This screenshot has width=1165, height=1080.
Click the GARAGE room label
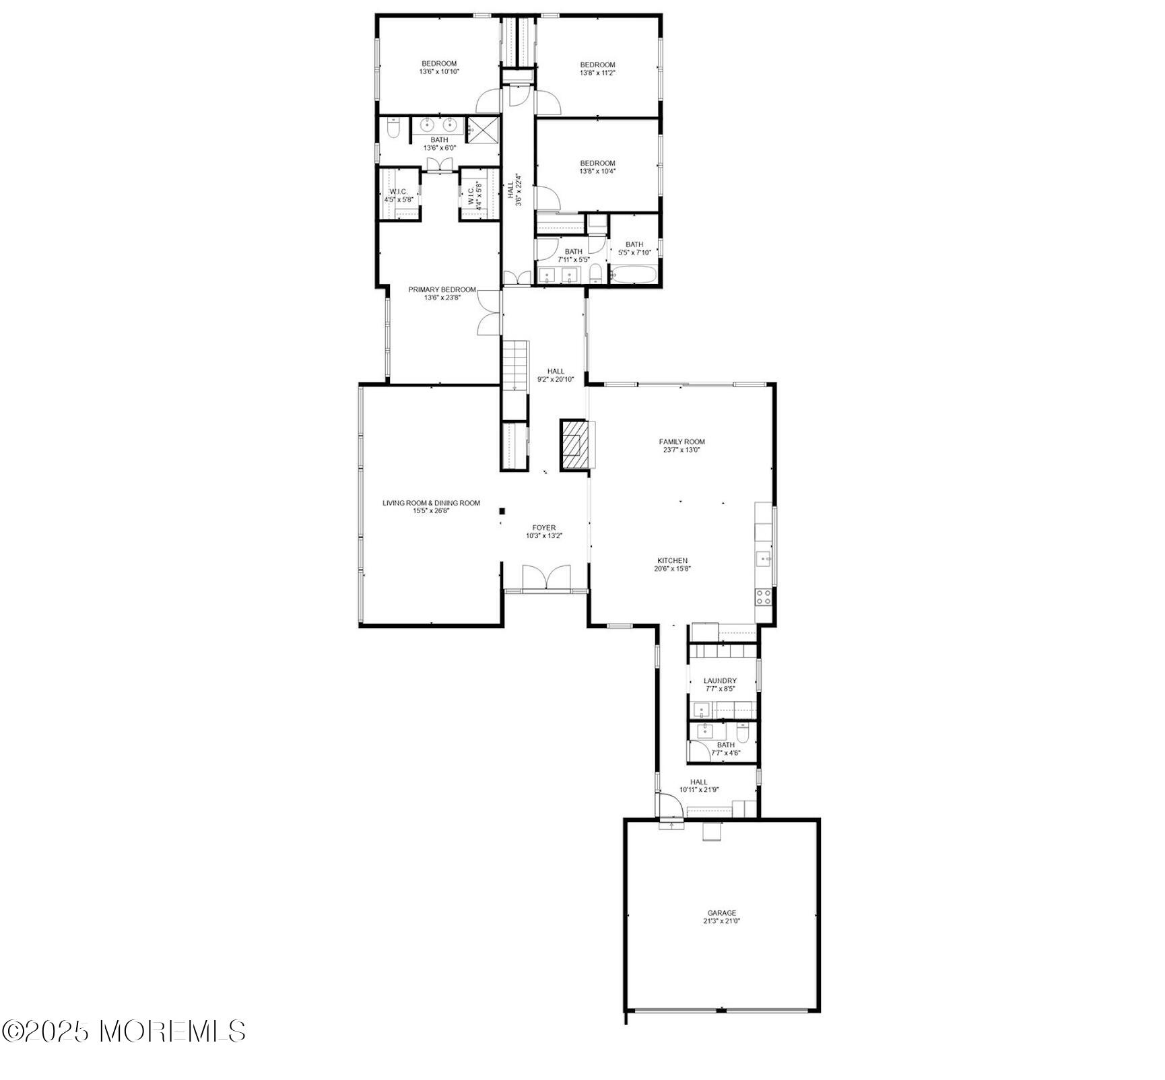721,913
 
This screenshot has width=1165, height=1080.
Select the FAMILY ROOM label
681,442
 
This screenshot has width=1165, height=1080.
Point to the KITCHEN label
672,560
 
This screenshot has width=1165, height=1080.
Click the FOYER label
543,528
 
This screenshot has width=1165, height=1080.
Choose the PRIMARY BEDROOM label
442,290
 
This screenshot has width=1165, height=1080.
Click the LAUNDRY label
720,681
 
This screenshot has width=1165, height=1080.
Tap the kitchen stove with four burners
763,595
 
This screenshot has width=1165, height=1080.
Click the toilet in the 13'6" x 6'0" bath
394,128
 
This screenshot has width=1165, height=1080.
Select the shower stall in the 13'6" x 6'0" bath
483,129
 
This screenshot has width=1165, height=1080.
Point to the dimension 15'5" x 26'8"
431,511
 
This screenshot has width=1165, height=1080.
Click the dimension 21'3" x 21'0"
721,921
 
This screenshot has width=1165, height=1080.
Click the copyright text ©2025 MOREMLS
124,1050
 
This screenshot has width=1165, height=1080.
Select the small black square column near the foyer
502,511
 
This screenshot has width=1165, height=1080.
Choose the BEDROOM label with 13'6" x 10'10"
439,64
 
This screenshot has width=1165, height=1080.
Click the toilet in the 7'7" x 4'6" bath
742,732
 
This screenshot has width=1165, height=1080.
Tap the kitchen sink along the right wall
764,558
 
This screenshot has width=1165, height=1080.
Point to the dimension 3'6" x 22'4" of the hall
519,191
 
